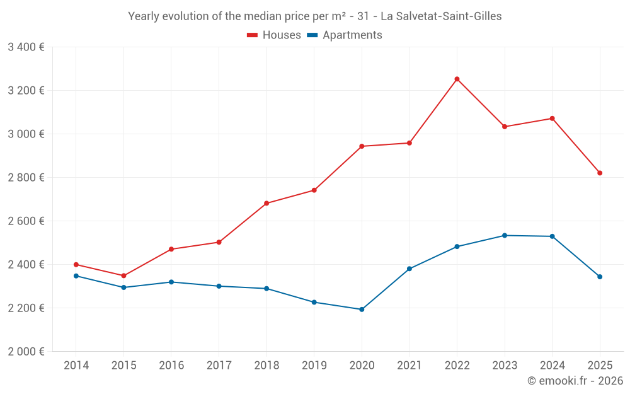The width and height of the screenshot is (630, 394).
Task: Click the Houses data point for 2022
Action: [457, 79]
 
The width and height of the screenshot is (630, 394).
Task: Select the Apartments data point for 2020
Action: [362, 310]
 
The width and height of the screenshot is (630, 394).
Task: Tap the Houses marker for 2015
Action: [123, 275]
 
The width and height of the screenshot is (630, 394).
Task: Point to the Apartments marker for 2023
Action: [505, 236]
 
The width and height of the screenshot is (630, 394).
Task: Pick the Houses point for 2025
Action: [600, 173]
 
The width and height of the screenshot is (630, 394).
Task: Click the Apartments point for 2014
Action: [76, 275]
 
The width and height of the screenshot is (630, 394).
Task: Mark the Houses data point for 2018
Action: [266, 203]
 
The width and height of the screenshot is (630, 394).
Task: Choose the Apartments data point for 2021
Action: [409, 269]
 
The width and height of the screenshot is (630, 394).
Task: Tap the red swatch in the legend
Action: [253, 35]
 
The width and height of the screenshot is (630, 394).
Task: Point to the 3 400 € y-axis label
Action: [26, 47]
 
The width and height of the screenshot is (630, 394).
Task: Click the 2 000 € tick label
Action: [26, 351]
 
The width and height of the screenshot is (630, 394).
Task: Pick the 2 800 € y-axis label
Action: [26, 177]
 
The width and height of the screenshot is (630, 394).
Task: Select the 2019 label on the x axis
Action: [314, 365]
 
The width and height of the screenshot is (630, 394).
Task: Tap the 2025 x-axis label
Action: [600, 365]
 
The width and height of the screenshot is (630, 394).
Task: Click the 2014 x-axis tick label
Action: [76, 365]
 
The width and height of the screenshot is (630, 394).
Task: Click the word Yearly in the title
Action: [144, 16]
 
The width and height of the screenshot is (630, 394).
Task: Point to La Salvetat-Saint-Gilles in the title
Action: [445, 16]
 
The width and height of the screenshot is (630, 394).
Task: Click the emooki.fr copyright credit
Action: [575, 381]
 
